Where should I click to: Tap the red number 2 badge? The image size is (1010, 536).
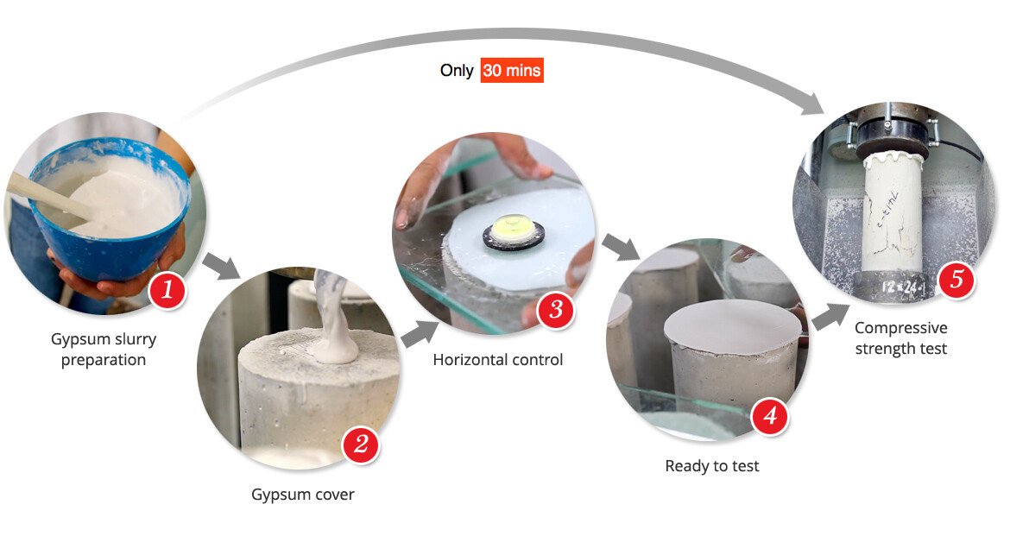[361, 444]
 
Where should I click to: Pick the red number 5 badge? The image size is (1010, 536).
[956, 279]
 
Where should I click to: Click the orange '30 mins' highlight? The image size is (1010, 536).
[512, 70]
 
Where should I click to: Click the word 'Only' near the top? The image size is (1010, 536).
[457, 70]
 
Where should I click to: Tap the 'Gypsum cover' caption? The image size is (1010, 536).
[303, 495]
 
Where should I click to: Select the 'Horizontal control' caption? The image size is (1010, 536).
[498, 359]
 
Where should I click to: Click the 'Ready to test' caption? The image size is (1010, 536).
[712, 466]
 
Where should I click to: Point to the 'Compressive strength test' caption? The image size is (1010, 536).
[900, 338]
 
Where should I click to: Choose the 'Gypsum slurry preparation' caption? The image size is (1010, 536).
[104, 350]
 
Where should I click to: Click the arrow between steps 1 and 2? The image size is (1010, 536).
[221, 266]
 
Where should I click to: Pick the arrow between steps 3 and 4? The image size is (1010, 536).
[621, 248]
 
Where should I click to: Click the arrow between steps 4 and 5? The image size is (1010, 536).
[830, 316]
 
